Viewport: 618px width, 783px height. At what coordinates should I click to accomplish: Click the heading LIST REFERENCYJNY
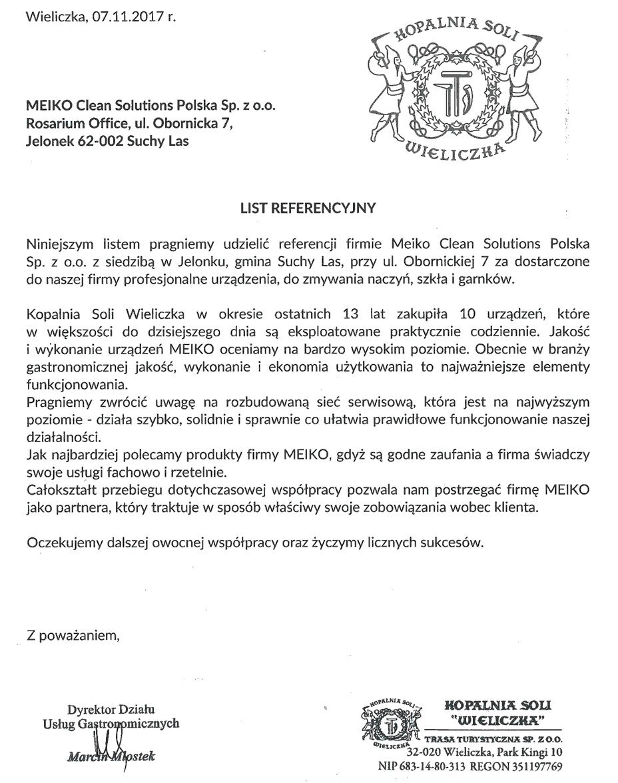click(x=308, y=208)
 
